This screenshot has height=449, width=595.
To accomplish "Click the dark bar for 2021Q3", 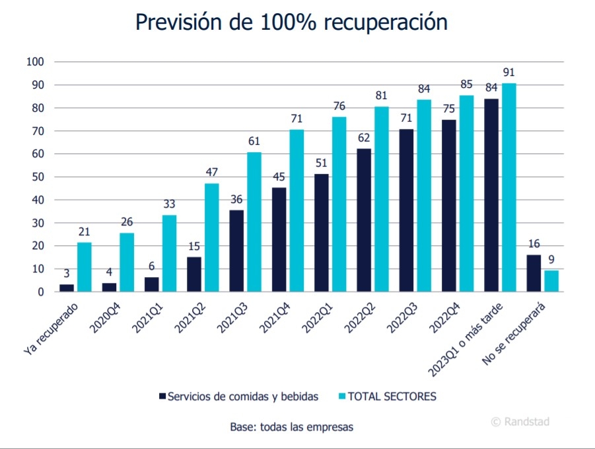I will (236, 251).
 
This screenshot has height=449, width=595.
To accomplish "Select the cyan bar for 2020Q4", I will (127, 263).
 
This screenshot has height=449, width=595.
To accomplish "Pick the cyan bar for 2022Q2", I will (381, 199).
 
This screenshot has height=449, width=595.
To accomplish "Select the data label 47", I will (211, 172).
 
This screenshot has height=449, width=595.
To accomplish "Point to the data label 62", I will (364, 138).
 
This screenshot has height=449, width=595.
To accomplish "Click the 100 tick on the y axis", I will (34, 62).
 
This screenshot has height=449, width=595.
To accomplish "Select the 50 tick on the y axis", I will (38, 177).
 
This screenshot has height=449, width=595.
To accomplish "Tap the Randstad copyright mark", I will (520, 421).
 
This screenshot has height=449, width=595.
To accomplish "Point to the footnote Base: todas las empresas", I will (291, 427).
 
